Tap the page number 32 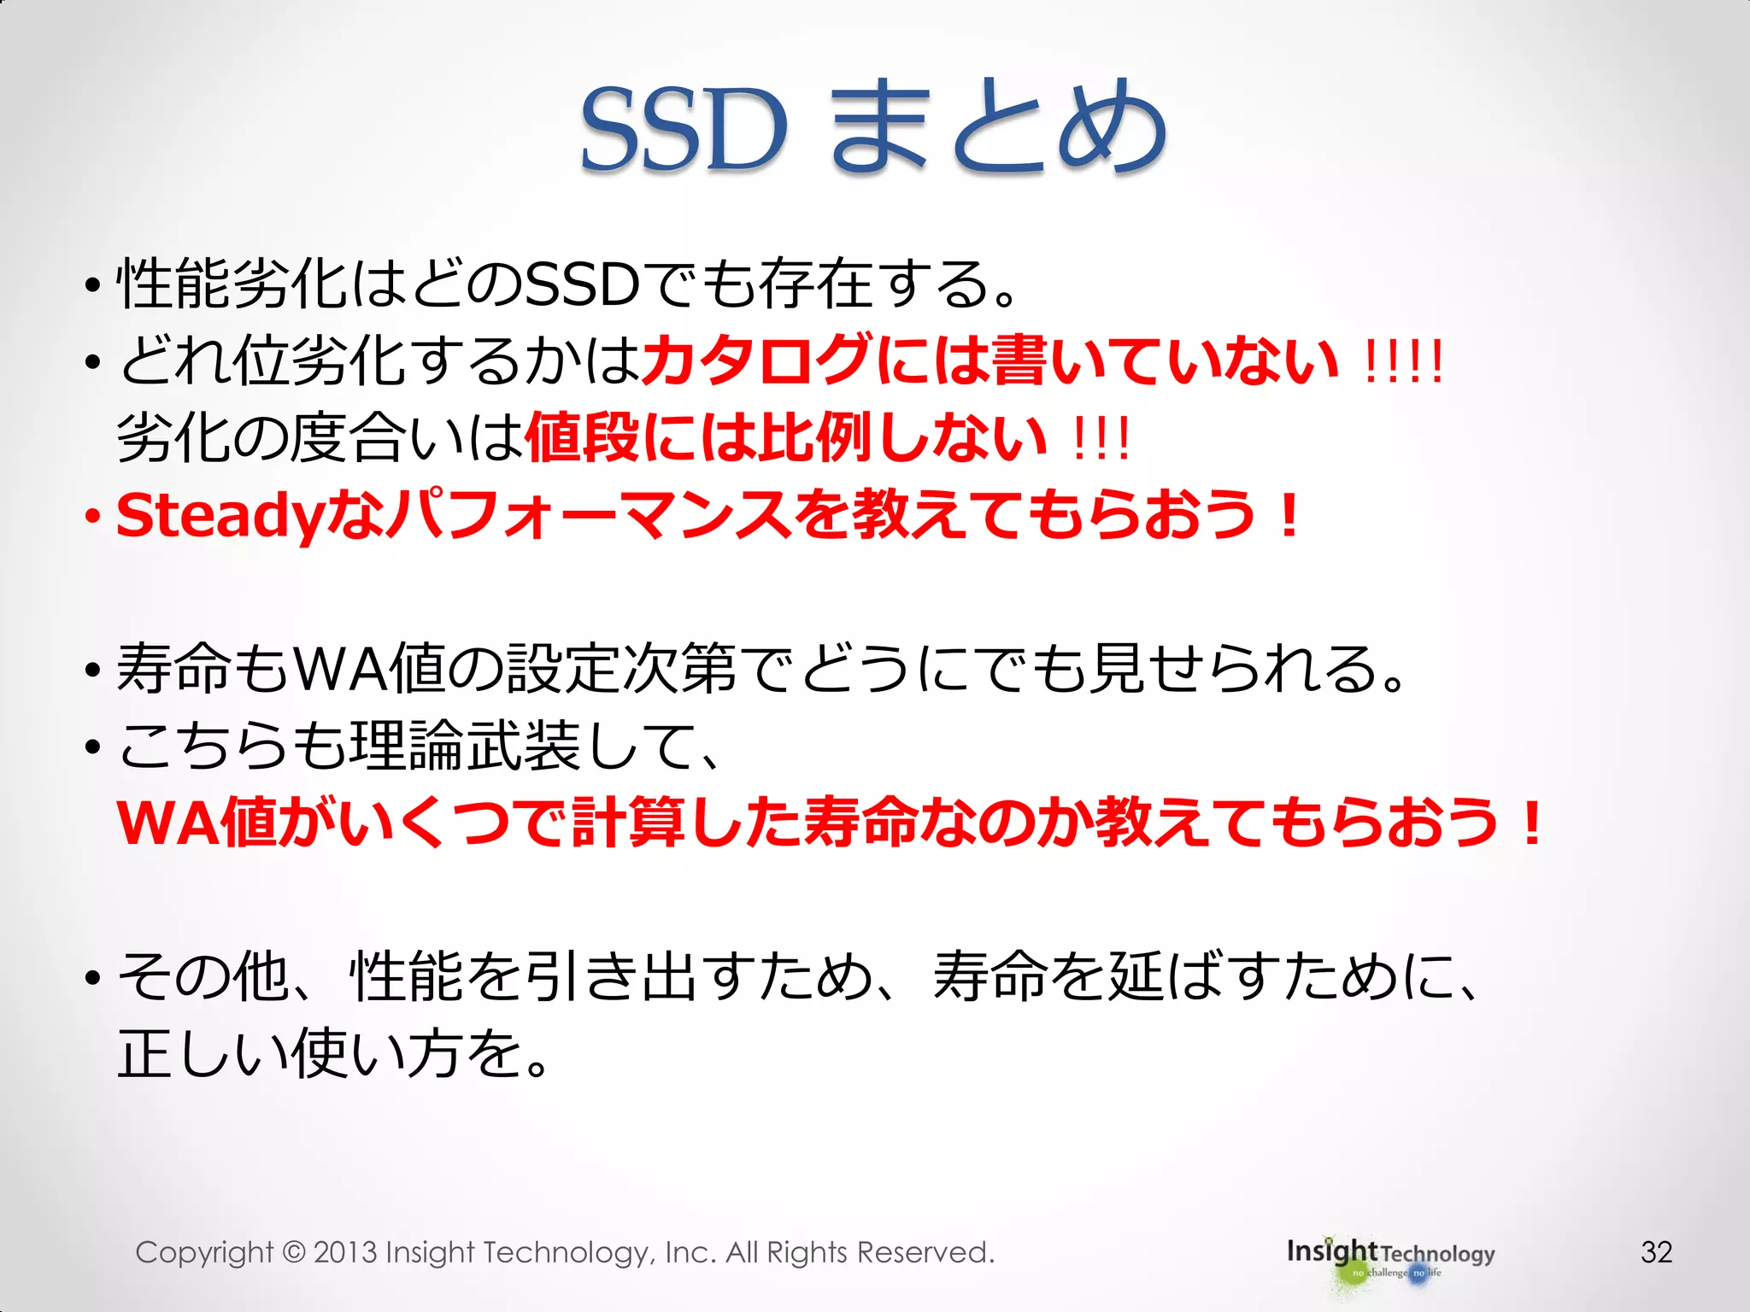[1656, 1252]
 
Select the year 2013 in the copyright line [345, 1252]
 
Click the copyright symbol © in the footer [293, 1253]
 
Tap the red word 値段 [582, 437]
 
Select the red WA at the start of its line [167, 823]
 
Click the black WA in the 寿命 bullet [338, 669]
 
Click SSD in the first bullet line [582, 284]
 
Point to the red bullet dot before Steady [92, 518]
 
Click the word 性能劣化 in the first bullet [231, 284]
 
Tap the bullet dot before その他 [92, 978]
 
